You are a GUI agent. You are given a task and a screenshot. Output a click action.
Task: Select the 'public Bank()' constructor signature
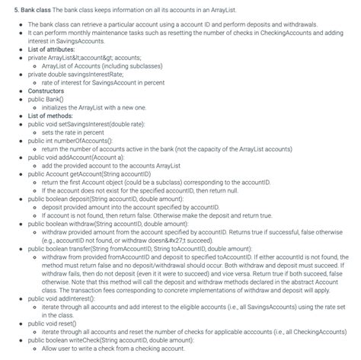click(46, 99)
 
